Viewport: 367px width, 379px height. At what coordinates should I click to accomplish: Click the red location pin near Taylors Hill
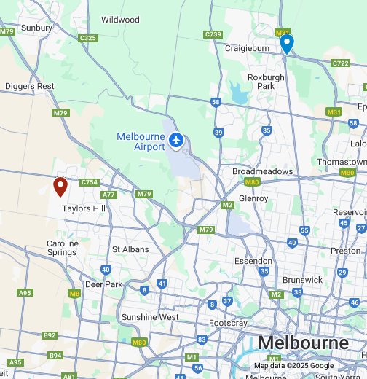pyautogui.click(x=61, y=187)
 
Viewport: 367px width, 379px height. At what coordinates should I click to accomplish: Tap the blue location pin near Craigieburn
pyautogui.click(x=287, y=43)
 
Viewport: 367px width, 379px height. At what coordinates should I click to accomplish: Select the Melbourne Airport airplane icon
pyautogui.click(x=175, y=139)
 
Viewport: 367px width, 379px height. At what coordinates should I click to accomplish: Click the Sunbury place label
pyautogui.click(x=36, y=28)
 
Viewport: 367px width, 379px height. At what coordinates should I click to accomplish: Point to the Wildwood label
pyautogui.click(x=120, y=20)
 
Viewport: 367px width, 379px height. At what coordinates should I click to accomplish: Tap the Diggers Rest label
pyautogui.click(x=29, y=86)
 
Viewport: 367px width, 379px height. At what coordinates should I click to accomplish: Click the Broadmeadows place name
pyautogui.click(x=262, y=171)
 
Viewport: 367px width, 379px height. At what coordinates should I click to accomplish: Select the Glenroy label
pyautogui.click(x=253, y=198)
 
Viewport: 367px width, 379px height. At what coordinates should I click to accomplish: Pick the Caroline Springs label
pyautogui.click(x=63, y=248)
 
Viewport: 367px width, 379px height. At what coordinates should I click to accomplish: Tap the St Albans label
pyautogui.click(x=130, y=249)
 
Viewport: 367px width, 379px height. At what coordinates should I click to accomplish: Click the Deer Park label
pyautogui.click(x=103, y=284)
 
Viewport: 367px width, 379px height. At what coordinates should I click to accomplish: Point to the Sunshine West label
pyautogui.click(x=150, y=317)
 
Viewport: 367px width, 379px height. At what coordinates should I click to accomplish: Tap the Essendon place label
pyautogui.click(x=253, y=261)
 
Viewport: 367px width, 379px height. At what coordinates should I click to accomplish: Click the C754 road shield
pyautogui.click(x=90, y=182)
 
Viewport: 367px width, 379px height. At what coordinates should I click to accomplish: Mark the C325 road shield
pyautogui.click(x=89, y=38)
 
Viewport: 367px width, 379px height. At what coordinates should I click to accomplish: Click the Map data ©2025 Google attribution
pyautogui.click(x=293, y=366)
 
